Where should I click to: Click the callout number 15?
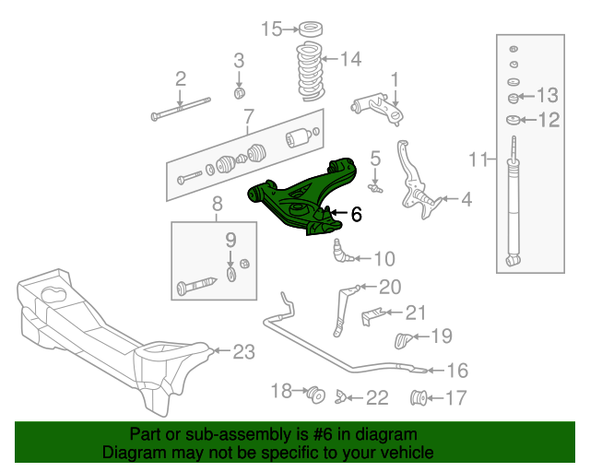click(x=271, y=29)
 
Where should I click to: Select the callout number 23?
click(x=242, y=351)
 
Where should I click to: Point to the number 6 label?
click(x=356, y=214)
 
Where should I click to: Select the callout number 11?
click(x=476, y=160)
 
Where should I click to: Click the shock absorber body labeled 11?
click(x=513, y=207)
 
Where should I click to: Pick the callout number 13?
click(x=548, y=95)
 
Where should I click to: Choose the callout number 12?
click(x=548, y=119)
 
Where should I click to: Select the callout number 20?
click(x=390, y=287)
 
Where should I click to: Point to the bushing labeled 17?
click(x=419, y=398)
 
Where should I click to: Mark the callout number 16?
click(x=457, y=371)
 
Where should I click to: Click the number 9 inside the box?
click(x=231, y=240)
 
